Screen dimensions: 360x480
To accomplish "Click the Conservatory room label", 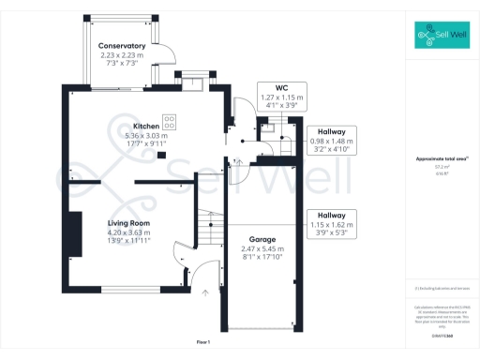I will (x=122, y=46).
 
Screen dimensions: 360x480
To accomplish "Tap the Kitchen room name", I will (x=146, y=125).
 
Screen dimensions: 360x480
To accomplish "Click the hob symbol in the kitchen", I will (x=171, y=121).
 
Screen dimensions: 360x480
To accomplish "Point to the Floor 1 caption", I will (x=203, y=344).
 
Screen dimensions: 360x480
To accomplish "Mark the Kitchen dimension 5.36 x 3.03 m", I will (x=146, y=135).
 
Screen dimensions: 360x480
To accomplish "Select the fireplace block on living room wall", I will (x=73, y=234).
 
